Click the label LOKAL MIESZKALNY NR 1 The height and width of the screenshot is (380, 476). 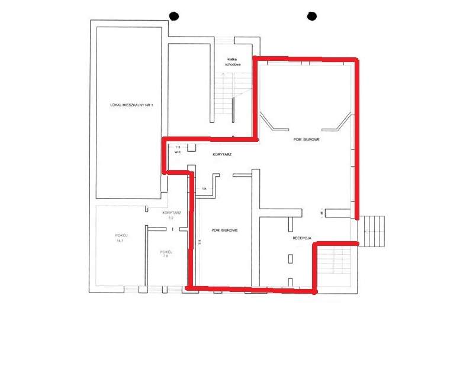[x=131, y=105]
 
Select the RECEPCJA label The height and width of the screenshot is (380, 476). [x=301, y=238]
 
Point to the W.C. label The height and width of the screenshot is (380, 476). [x=177, y=152]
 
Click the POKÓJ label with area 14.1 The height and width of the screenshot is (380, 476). [x=121, y=235]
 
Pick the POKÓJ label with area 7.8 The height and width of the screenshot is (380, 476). [x=166, y=251]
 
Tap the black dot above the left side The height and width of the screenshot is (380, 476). [x=173, y=16]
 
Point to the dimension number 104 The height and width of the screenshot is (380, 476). [x=204, y=189]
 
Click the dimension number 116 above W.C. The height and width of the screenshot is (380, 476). [x=177, y=147]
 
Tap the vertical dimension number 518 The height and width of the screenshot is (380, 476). [x=201, y=241]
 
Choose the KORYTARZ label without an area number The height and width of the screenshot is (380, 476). [x=221, y=154]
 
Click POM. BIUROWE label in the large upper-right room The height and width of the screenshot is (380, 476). [x=307, y=140]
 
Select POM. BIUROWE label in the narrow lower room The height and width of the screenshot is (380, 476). [x=224, y=230]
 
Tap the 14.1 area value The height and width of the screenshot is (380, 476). [x=121, y=241]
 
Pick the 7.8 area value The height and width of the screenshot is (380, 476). [x=166, y=256]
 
